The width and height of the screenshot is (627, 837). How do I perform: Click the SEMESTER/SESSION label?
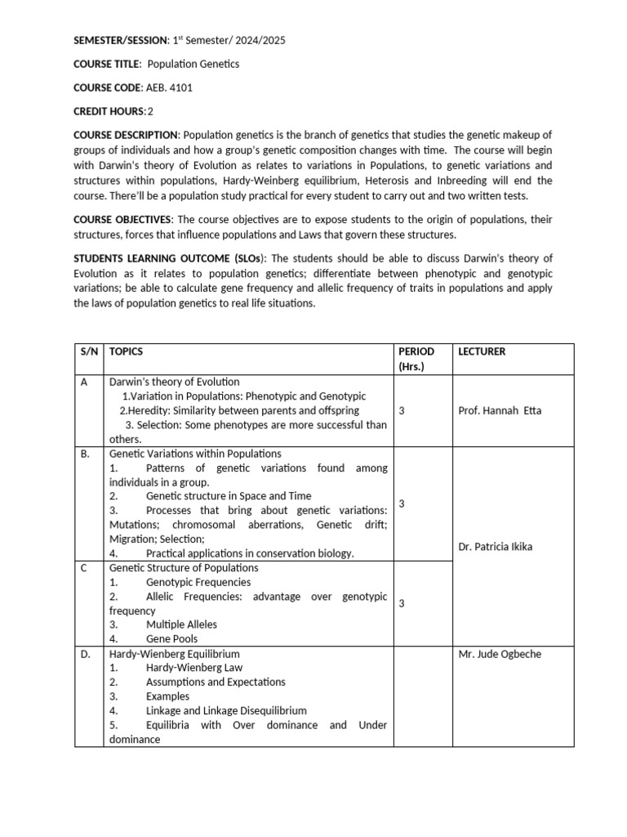[x=120, y=40]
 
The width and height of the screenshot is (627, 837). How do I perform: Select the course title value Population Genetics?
[x=193, y=64]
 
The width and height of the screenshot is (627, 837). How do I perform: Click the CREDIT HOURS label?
[x=109, y=111]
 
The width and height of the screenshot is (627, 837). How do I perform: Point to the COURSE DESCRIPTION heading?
[x=126, y=135]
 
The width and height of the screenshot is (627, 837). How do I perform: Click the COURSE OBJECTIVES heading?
[x=122, y=220]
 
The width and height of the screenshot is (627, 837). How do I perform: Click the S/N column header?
[x=88, y=351]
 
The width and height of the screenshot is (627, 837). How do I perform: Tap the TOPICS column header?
[x=126, y=351]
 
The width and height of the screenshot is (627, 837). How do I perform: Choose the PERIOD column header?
[x=416, y=351]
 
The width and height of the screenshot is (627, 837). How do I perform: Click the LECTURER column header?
[x=482, y=351]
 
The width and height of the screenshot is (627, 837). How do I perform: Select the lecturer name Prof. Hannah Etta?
[x=500, y=410]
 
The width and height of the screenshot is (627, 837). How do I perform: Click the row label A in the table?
[x=83, y=382]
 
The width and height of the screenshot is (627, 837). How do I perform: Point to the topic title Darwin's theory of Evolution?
[x=175, y=382]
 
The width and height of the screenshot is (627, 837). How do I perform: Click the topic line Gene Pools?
[x=171, y=639]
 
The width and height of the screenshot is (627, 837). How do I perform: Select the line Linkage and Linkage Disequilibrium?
[x=226, y=710]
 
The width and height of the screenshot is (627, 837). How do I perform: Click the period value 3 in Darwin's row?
[x=401, y=410]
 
